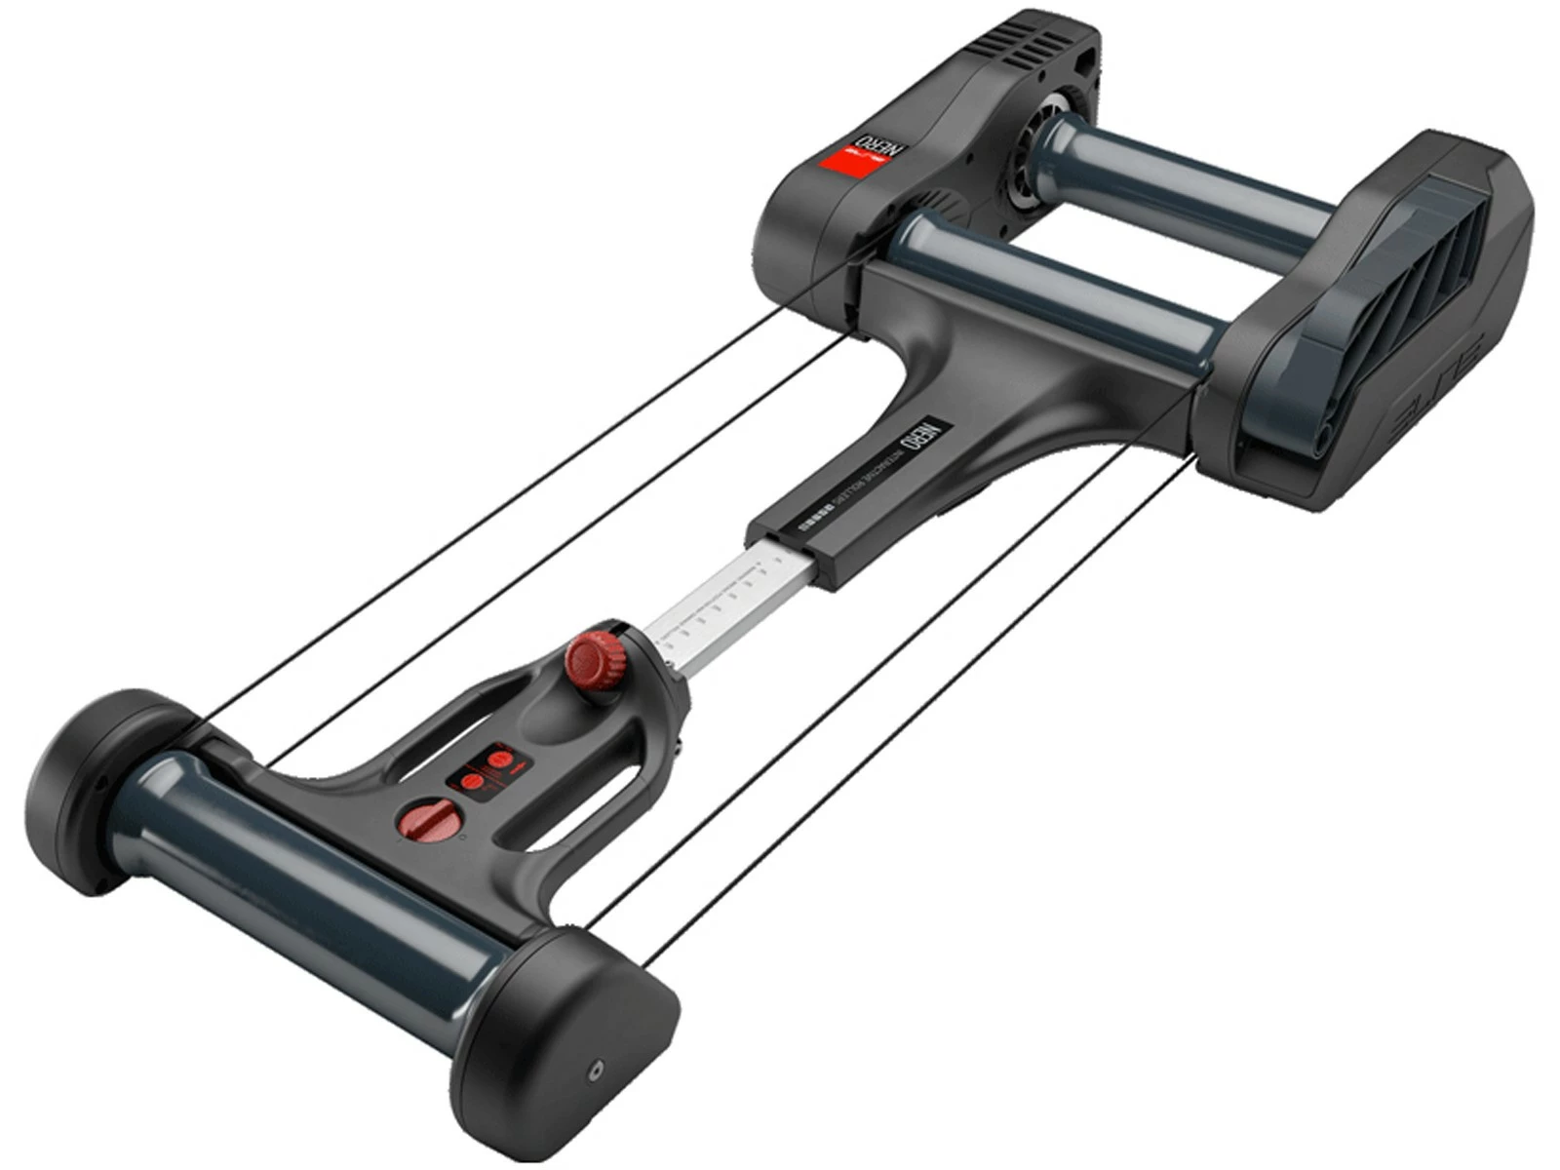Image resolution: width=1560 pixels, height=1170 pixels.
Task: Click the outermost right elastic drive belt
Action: tap(926, 712)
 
